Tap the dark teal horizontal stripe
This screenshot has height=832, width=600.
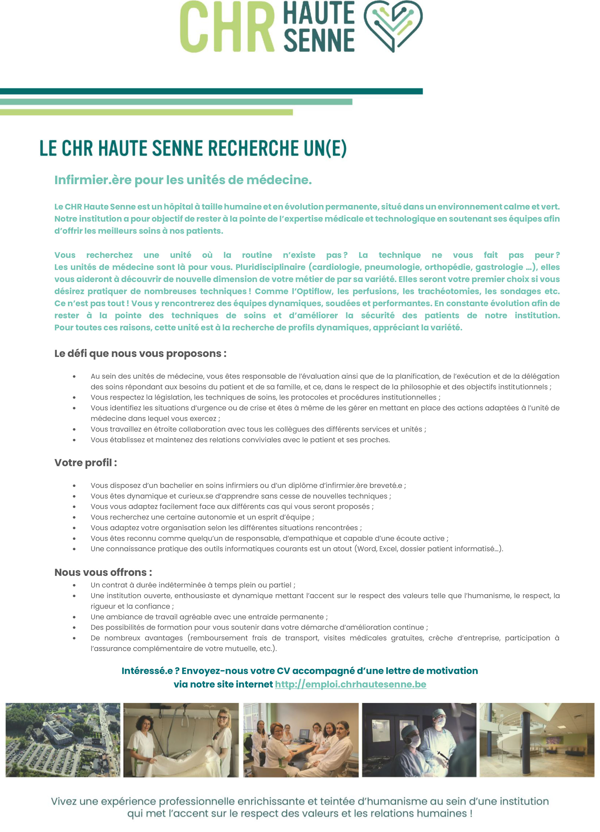click(211, 91)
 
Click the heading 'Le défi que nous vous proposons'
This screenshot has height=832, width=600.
click(140, 354)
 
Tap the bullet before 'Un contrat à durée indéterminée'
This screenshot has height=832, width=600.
click(74, 586)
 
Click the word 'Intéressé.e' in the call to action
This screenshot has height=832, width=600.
click(147, 671)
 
